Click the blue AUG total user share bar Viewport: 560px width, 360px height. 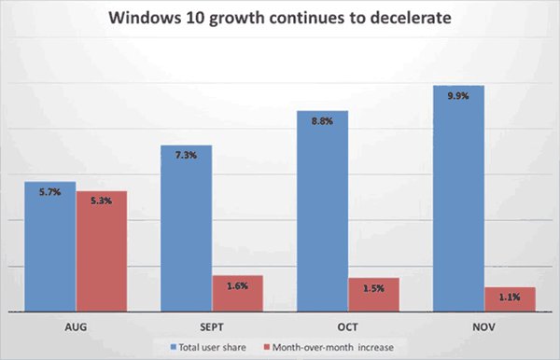click(x=50, y=247)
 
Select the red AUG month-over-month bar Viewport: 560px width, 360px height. click(x=101, y=252)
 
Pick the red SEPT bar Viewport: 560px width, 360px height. click(x=237, y=293)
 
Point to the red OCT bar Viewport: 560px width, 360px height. click(x=373, y=295)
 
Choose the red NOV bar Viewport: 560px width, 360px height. click(x=510, y=299)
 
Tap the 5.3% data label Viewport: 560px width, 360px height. click(x=101, y=201)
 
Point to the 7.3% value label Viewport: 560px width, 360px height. click(x=186, y=155)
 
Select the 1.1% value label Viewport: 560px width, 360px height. click(x=510, y=297)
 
